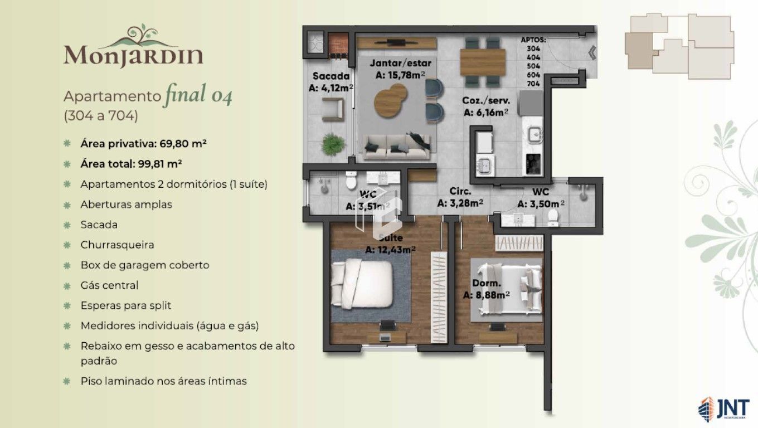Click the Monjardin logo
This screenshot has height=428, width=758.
[x=133, y=47]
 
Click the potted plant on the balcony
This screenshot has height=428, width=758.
[x=332, y=144]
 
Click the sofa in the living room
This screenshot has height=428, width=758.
[x=397, y=147]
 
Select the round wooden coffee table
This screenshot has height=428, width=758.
[x=390, y=98]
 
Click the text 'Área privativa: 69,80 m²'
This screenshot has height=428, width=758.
[x=143, y=143]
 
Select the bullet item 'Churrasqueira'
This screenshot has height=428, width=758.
[x=117, y=245]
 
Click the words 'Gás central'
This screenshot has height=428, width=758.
[x=109, y=285]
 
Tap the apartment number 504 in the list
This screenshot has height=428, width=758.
[x=533, y=66]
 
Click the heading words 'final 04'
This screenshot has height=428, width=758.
[x=198, y=95]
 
